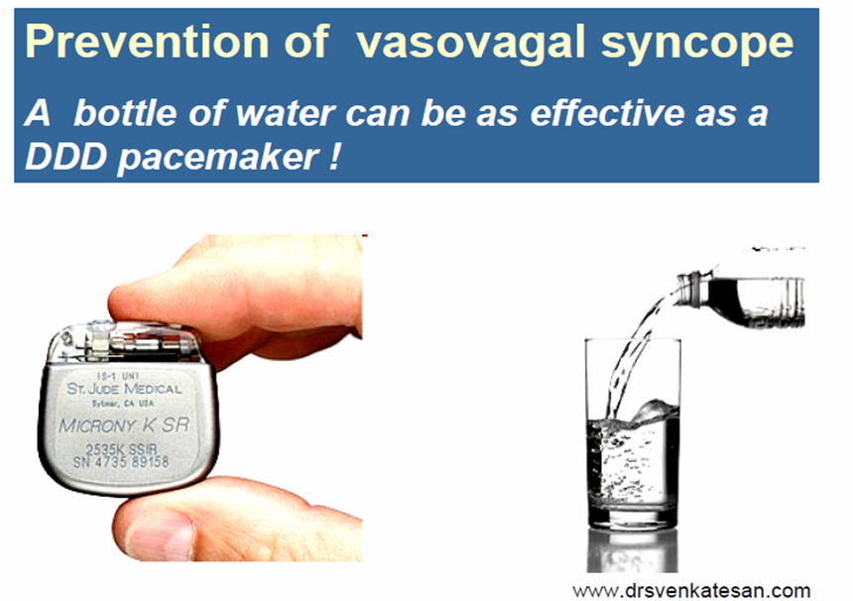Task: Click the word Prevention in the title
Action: point(147,42)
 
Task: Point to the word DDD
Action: point(65,157)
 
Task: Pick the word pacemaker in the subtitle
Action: point(218,159)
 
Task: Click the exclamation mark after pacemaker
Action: point(334,157)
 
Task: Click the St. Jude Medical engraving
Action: point(124,389)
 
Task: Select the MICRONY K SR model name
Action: point(124,424)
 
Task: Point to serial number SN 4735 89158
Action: point(121,462)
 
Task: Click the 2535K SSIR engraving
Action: point(121,449)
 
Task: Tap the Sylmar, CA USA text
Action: point(123,404)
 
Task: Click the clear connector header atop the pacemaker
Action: point(125,343)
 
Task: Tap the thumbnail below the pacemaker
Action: point(158,535)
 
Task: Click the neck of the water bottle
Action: point(693,290)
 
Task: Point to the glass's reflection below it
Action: point(632,550)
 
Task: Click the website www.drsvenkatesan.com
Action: point(691,590)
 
